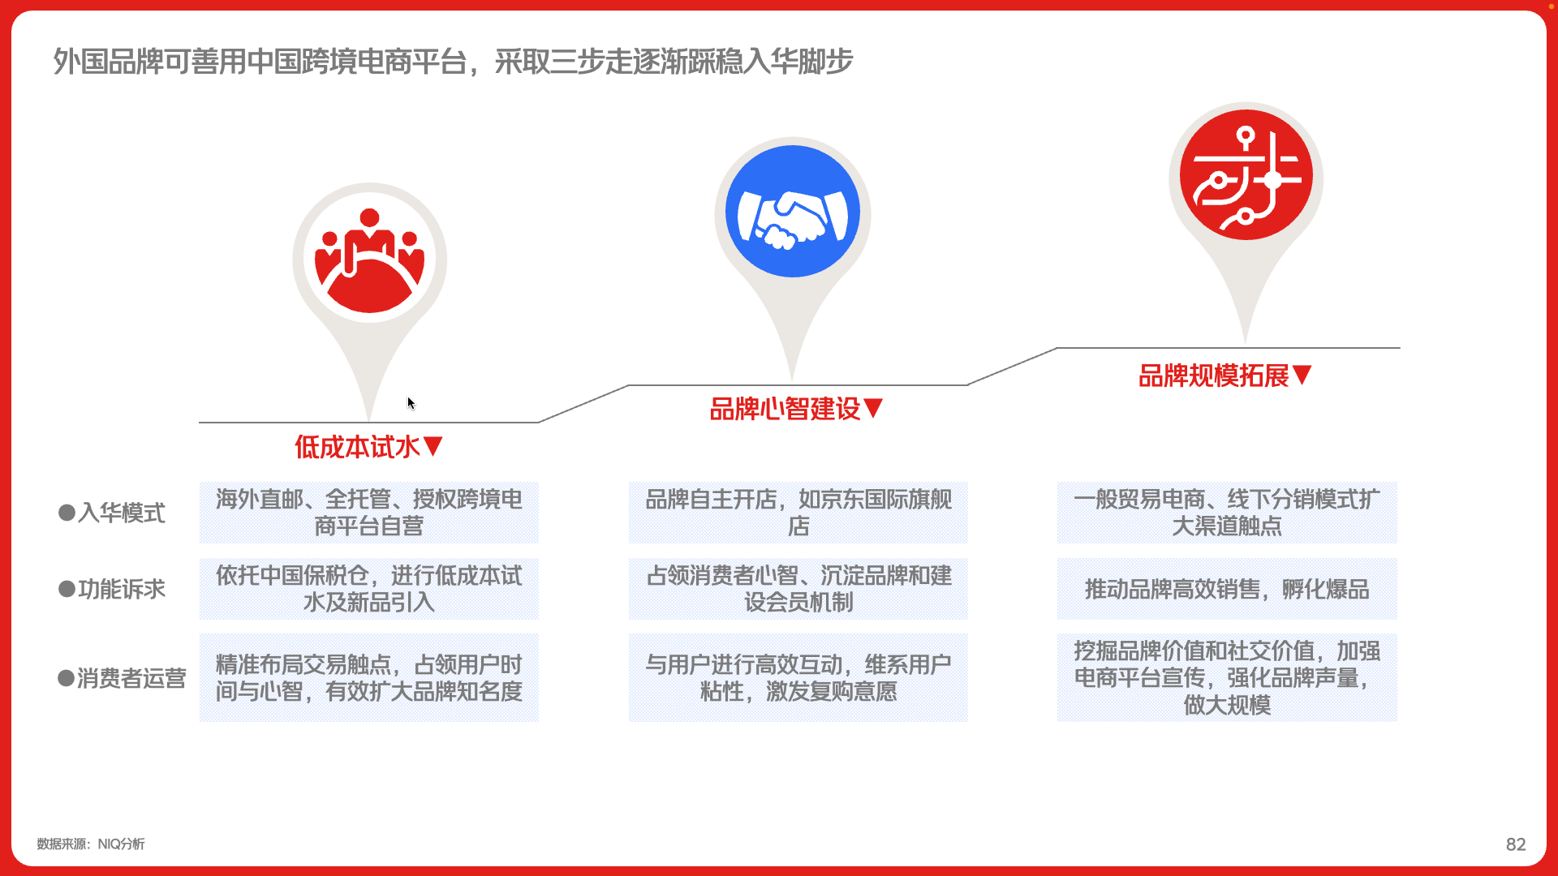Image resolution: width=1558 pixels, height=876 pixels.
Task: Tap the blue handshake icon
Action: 792,212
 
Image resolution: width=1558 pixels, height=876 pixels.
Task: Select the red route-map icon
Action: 1246,174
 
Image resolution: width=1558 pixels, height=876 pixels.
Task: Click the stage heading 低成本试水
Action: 368,446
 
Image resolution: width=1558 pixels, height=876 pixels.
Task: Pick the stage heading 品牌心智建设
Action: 796,409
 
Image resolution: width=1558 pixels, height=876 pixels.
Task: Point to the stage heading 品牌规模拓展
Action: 1225,376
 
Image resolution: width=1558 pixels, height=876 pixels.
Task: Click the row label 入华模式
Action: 111,513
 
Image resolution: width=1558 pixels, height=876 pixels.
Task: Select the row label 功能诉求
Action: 111,589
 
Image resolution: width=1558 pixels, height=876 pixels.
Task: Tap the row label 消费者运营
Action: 122,678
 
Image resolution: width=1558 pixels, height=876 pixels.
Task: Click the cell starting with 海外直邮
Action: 368,513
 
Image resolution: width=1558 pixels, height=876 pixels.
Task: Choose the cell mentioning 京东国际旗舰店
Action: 798,513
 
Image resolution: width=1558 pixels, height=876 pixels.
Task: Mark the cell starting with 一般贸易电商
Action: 1226,513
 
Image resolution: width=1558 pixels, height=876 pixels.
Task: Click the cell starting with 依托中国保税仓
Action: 368,589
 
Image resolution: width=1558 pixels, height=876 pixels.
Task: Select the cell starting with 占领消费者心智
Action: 798,589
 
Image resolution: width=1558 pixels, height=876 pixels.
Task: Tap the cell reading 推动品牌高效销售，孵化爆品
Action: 1226,589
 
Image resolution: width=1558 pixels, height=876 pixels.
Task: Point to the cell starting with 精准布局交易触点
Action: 368,677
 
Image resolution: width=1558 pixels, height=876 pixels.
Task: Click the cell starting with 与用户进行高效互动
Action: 798,677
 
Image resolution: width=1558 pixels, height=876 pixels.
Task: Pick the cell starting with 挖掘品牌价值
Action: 1226,677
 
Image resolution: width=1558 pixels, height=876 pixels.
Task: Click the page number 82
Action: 1515,844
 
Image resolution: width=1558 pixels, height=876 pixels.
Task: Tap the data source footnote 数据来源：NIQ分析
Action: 91,844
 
